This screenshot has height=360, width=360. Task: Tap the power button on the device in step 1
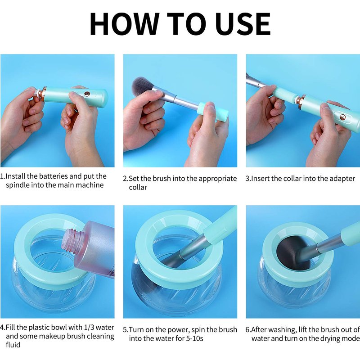(87, 94)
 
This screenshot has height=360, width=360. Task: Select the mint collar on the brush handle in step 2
(212, 112)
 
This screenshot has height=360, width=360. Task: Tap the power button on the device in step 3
(342, 117)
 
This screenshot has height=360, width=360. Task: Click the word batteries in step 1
(54, 176)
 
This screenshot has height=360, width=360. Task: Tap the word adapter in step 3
(342, 179)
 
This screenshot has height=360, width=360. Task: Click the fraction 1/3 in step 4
(88, 327)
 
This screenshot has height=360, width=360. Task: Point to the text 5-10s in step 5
(194, 338)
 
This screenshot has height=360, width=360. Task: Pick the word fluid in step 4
(13, 345)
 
